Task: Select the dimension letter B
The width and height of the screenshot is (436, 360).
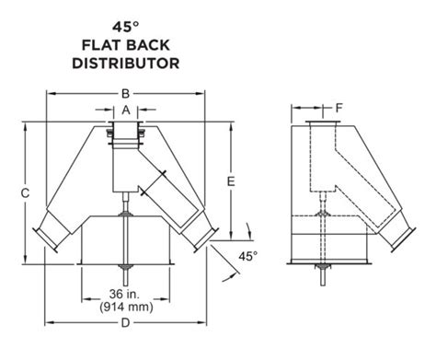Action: coord(126,93)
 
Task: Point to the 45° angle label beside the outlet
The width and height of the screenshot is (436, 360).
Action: coord(247,254)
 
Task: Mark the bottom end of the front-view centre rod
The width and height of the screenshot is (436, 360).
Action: coord(126,272)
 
